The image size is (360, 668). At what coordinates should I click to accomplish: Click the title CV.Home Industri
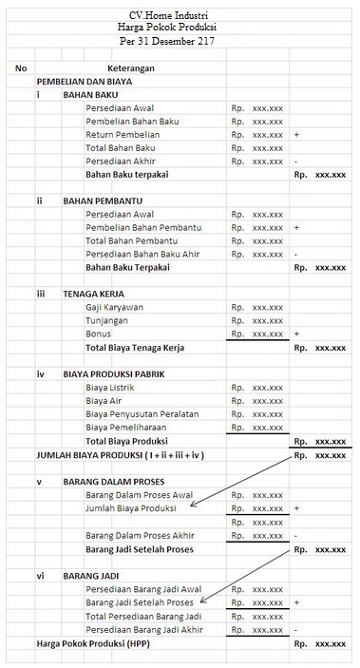(180, 16)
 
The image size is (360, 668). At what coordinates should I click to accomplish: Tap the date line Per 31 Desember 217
(180, 44)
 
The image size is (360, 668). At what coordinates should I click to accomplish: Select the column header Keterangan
(132, 69)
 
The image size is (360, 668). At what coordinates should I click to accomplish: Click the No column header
(21, 68)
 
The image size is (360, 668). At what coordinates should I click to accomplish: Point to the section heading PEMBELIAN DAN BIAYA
(84, 83)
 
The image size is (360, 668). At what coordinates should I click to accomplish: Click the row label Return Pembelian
(123, 136)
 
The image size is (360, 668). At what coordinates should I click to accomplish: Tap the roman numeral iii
(41, 295)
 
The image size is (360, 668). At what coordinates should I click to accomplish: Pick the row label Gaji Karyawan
(114, 308)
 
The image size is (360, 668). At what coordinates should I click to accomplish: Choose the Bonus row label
(98, 334)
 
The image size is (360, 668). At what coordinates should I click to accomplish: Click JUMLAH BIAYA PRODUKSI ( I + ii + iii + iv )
(121, 455)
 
